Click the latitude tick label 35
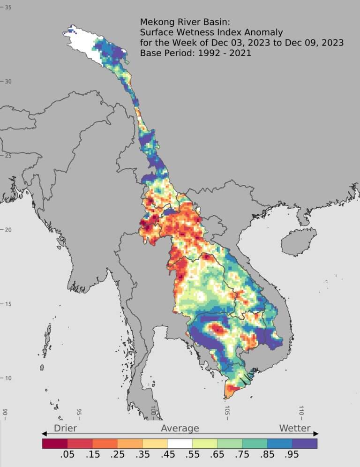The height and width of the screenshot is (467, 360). point(8,8)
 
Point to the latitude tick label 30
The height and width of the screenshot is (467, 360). point(8,82)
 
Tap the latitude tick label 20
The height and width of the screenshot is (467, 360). point(8,230)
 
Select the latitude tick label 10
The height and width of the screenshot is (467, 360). point(8,378)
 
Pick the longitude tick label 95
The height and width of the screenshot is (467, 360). point(79,413)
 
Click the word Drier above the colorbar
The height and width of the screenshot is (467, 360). point(65,428)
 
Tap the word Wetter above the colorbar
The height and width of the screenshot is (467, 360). point(295,428)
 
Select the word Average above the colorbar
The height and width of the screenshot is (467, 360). point(180,428)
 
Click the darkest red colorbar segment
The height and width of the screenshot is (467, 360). point(55,443)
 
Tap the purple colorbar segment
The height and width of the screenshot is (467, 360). point(305,443)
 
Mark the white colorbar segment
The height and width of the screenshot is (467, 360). point(180,443)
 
